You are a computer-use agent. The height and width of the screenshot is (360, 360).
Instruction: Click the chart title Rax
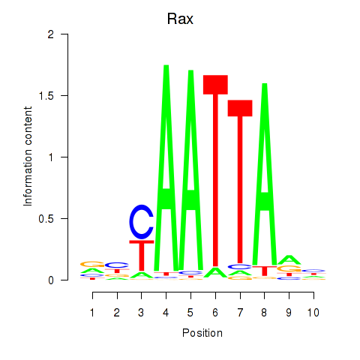tap(180, 19)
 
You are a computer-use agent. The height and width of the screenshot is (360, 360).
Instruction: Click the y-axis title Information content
tap(28, 157)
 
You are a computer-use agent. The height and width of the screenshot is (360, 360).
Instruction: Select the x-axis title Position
tap(202, 333)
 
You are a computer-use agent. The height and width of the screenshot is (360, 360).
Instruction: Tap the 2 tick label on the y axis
tap(51, 34)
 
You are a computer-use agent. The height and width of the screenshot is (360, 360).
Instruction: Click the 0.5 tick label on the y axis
tap(46, 219)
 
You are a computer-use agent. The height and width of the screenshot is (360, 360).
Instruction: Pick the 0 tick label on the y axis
tap(51, 280)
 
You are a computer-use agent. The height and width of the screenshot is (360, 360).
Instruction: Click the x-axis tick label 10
tap(313, 313)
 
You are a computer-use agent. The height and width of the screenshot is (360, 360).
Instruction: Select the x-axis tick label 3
tap(141, 313)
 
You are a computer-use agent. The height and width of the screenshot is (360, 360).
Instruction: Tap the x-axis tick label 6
tap(215, 313)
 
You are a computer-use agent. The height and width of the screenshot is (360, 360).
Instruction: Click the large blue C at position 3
tap(141, 222)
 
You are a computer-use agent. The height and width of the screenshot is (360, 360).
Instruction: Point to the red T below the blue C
tap(142, 256)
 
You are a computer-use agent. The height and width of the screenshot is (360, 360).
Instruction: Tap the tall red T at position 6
tap(215, 171)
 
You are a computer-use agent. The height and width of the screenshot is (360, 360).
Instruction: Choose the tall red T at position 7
tap(240, 181)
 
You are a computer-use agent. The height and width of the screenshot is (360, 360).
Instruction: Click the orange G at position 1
tap(92, 264)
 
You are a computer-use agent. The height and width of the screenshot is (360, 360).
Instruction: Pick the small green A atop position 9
tap(289, 260)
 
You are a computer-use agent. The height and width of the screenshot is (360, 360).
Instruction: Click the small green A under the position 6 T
tap(215, 272)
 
